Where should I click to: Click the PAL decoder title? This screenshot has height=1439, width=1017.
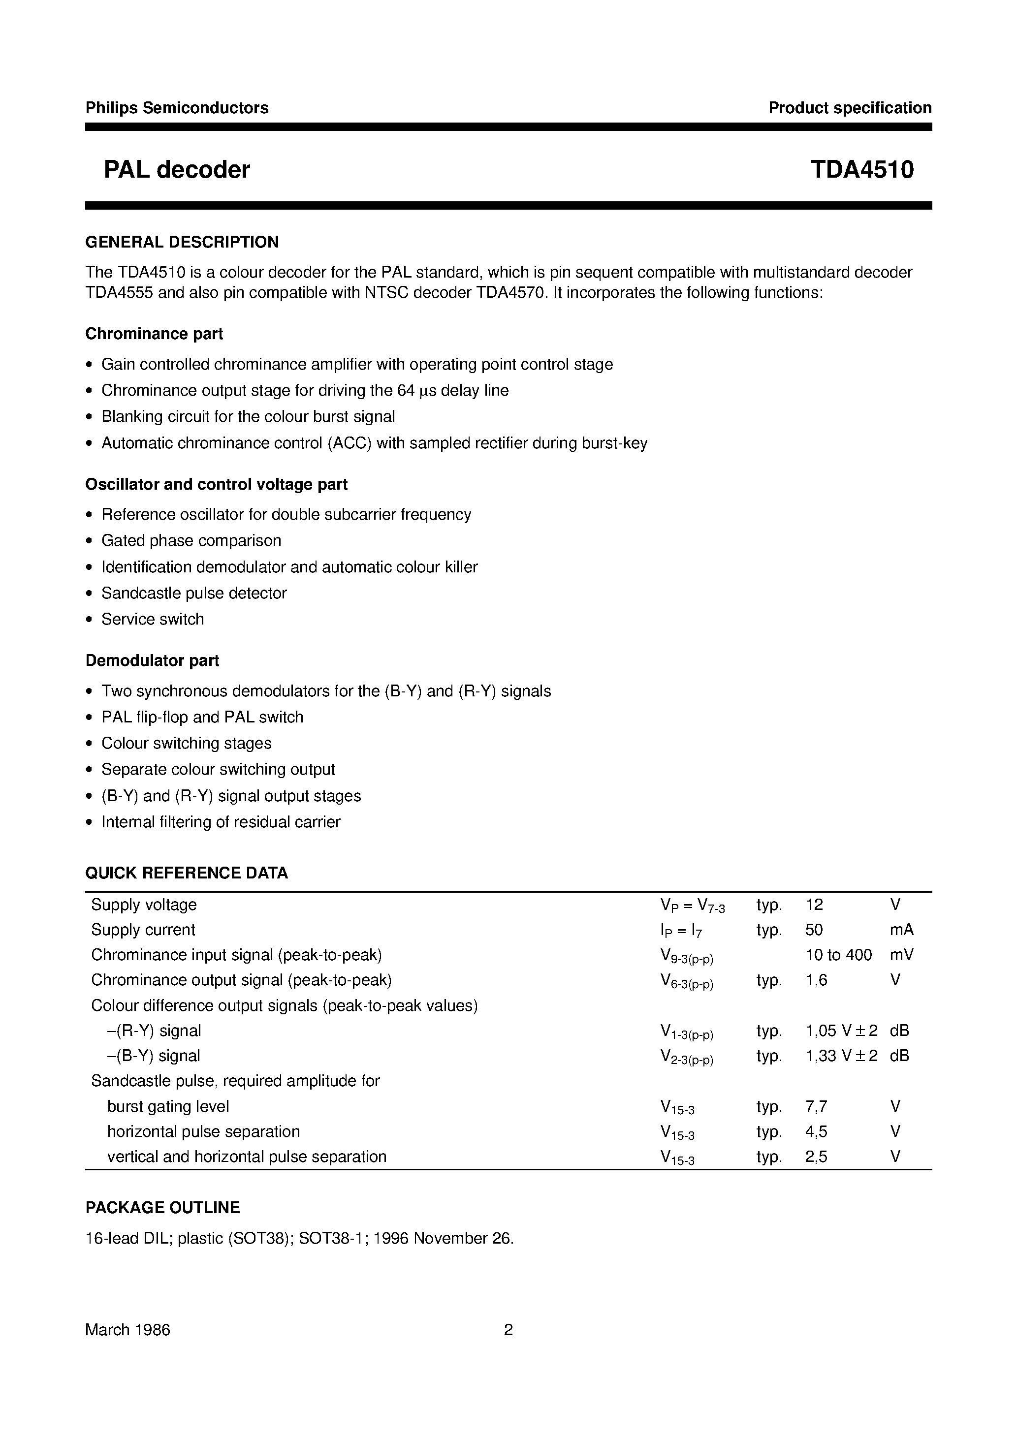coord(177,170)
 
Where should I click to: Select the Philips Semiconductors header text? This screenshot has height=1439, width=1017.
coord(177,108)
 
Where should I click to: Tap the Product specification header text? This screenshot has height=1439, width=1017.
coord(850,108)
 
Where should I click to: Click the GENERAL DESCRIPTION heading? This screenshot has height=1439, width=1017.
coord(182,242)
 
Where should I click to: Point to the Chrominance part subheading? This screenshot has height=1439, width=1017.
coord(154,334)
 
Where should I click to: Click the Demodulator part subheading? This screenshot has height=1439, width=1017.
coord(153,660)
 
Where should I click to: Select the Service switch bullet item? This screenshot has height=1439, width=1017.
coord(153,619)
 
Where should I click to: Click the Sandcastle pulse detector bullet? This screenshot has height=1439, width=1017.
coord(194,593)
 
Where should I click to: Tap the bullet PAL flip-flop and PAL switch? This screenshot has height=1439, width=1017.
coord(202,717)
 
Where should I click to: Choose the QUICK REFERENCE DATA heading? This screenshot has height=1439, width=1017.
coord(186,873)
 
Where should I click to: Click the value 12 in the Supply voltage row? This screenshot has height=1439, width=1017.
coord(814,905)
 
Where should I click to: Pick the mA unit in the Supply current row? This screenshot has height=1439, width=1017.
coord(901,930)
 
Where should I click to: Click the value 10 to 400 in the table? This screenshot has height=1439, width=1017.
coord(838,955)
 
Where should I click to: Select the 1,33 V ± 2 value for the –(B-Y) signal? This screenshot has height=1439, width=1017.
coord(841,1056)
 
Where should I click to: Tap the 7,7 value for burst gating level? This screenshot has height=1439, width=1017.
coord(816,1106)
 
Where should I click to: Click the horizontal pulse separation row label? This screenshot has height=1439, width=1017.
coord(203,1131)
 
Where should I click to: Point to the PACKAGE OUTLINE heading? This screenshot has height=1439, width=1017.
coord(162,1208)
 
